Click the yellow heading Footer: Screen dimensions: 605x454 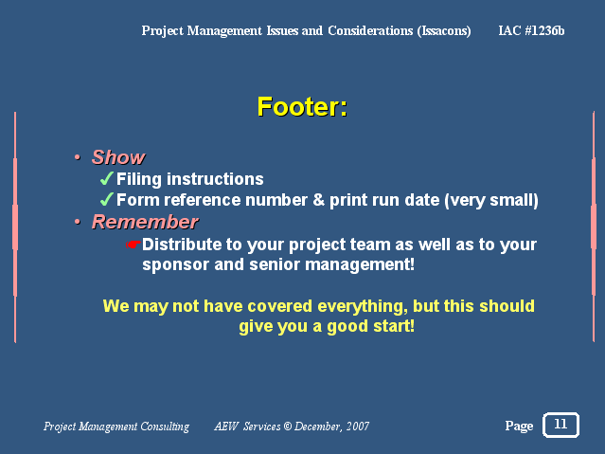tap(302, 107)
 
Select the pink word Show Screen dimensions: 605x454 tap(118, 157)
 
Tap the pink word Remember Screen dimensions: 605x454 tap(145, 222)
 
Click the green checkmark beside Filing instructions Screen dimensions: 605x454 tap(106, 178)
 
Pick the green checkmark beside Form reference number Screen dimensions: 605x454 tap(106, 199)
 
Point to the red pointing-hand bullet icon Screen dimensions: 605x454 tap(133, 245)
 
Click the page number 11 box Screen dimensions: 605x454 tap(561, 425)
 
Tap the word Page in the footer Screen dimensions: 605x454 tap(519, 426)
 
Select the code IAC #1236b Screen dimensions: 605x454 tap(531, 30)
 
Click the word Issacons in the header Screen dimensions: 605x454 tap(444, 30)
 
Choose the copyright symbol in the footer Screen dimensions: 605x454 tap(288, 426)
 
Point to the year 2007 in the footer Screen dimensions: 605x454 tap(357, 426)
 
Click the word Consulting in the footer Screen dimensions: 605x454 tap(165, 427)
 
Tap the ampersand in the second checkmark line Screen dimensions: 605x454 tap(318, 200)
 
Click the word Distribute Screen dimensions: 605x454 tap(182, 245)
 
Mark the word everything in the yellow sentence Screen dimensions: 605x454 tap(363, 306)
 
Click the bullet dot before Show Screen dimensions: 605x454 tap(78, 157)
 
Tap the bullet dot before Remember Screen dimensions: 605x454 tap(78, 222)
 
